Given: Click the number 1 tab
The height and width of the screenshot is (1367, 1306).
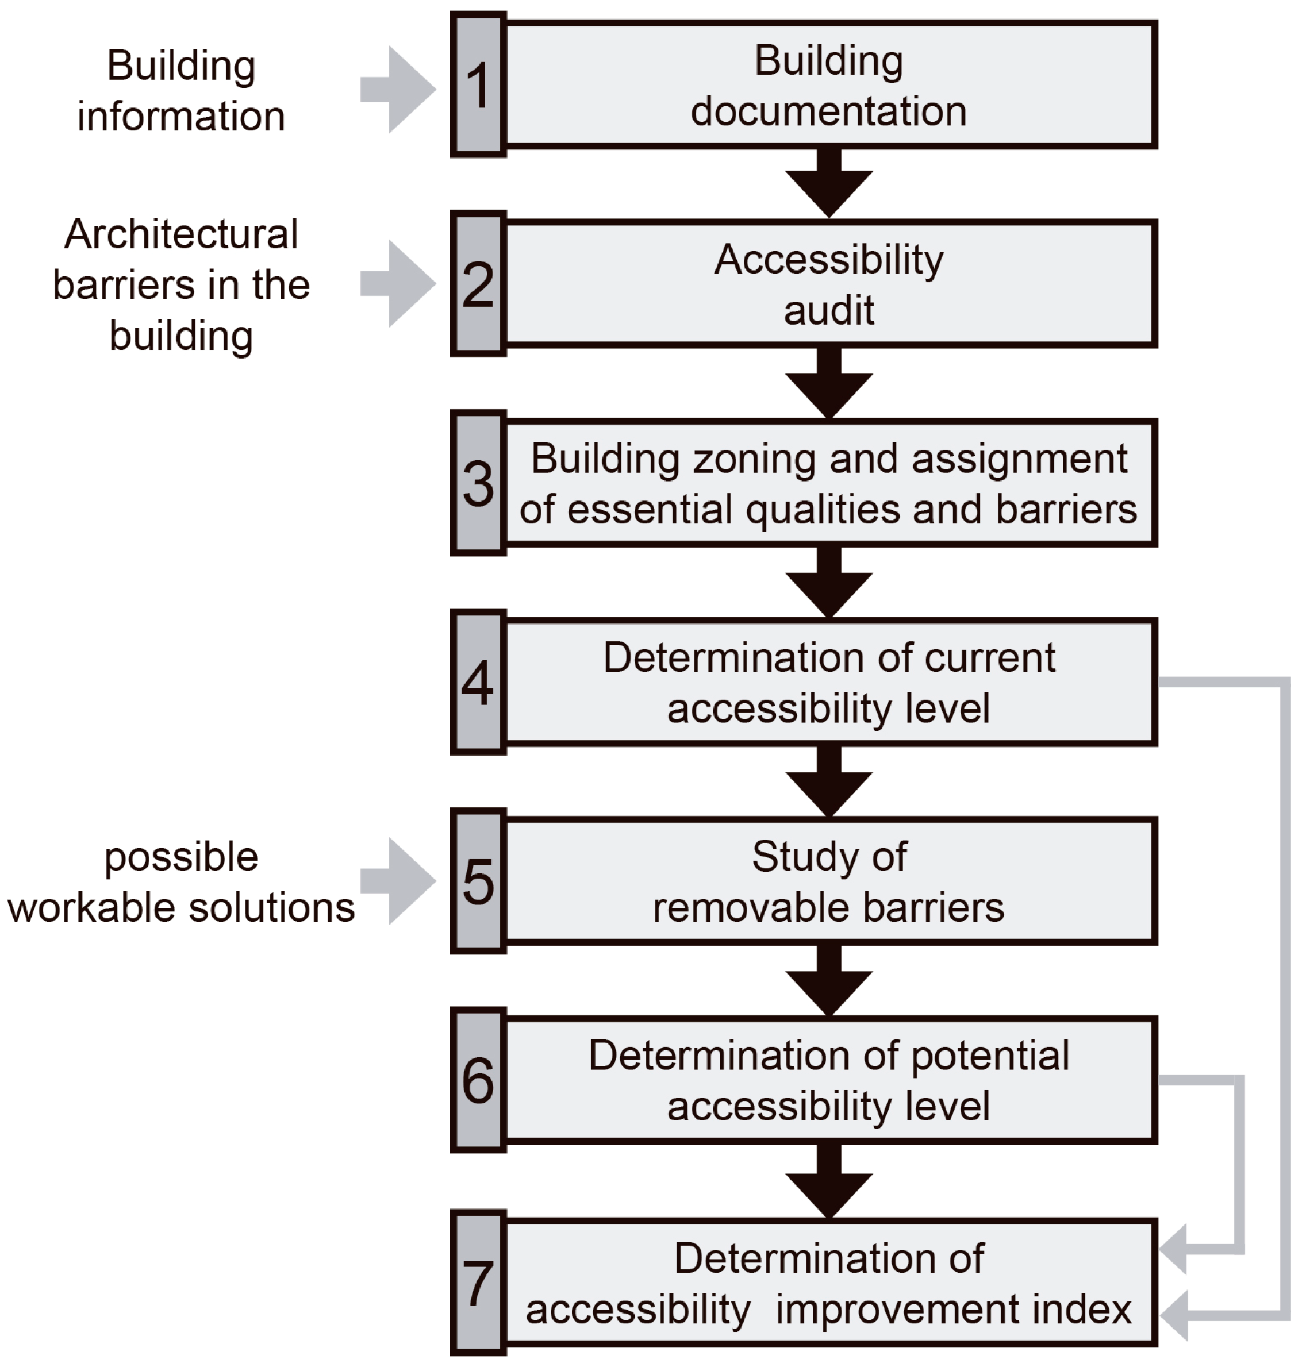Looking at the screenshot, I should pyautogui.click(x=478, y=85).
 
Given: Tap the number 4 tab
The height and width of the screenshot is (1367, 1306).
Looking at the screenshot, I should pyautogui.click(x=478, y=683).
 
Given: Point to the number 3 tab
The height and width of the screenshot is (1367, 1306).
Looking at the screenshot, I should pyautogui.click(x=478, y=483).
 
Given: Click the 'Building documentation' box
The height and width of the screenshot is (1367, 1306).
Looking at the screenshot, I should pyautogui.click(x=828, y=85).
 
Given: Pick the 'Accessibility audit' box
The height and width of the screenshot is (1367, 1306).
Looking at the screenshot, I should pyautogui.click(x=828, y=284).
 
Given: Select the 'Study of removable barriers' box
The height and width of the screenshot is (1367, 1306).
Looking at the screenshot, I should pyautogui.click(x=828, y=881).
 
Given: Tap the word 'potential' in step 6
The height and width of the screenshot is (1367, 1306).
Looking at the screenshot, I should pyautogui.click(x=989, y=1057).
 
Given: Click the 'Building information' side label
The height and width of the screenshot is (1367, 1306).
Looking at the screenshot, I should pyautogui.click(x=181, y=90).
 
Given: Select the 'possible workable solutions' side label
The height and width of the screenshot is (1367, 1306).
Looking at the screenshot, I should pyautogui.click(x=181, y=882).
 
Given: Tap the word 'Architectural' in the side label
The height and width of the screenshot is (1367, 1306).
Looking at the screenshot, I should pyautogui.click(x=181, y=234).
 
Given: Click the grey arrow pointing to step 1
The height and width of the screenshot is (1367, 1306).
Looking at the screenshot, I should pyautogui.click(x=400, y=89).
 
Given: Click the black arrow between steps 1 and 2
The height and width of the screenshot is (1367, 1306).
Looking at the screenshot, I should pyautogui.click(x=828, y=185).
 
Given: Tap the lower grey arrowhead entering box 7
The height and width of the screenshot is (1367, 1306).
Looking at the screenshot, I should pyautogui.click(x=1175, y=1315).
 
